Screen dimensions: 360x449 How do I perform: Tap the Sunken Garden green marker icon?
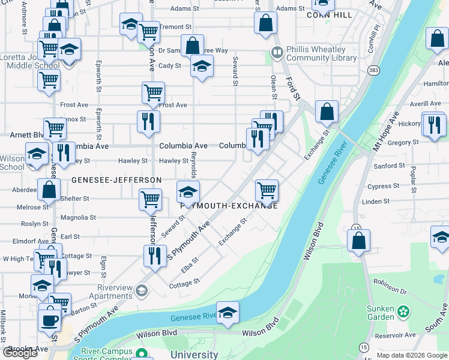click(405, 312)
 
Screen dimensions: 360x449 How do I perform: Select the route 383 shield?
click(374, 70)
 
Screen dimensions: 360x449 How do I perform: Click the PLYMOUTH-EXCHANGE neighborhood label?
click(229, 206)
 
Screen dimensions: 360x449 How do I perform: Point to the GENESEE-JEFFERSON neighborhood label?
click(116, 180)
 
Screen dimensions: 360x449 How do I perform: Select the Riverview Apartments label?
click(115, 292)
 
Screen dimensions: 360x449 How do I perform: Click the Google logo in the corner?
click(20, 353)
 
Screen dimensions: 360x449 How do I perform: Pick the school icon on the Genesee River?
click(228, 313)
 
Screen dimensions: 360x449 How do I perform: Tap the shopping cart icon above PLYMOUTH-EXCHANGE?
click(267, 190)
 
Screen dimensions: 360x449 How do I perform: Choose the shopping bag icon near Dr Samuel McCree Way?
click(192, 46)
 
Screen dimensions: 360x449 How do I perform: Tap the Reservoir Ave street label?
click(402, 335)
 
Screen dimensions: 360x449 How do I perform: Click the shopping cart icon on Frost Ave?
click(154, 93)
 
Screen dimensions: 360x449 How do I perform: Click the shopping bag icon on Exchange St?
click(327, 111)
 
